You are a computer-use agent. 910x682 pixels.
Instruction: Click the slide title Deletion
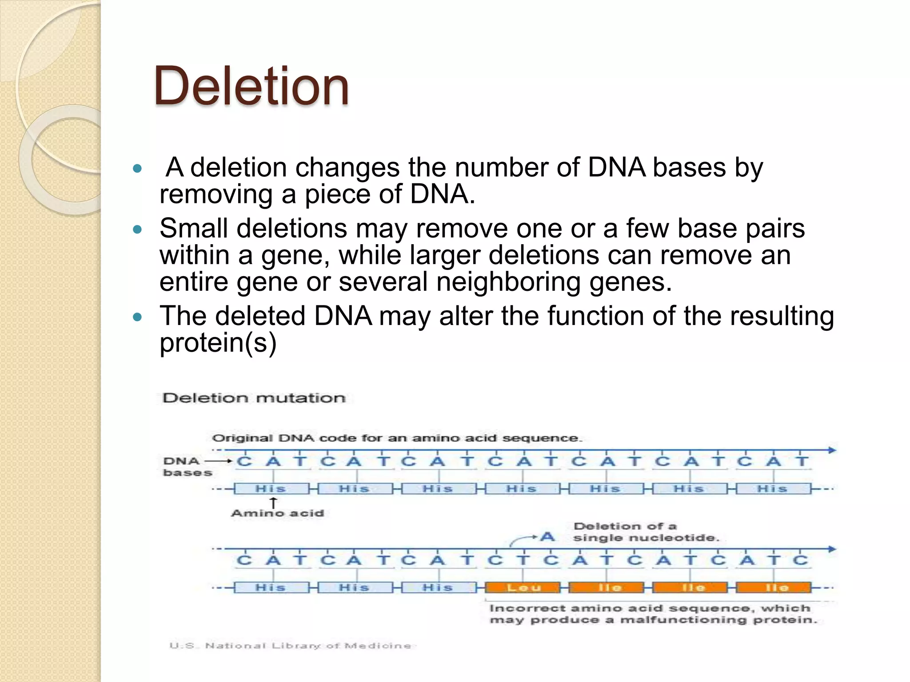pos(251,87)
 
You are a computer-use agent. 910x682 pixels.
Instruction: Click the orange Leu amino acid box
pos(523,588)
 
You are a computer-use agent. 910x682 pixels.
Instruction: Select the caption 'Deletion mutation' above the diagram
pos(254,398)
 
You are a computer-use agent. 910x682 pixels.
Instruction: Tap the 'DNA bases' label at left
pos(187,467)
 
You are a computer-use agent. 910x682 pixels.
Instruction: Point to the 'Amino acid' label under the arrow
pos(278,513)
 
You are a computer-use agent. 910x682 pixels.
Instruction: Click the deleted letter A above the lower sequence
pos(547,537)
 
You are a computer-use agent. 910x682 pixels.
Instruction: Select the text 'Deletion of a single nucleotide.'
pos(645,532)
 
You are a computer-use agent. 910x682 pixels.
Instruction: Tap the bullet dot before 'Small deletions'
pos(138,230)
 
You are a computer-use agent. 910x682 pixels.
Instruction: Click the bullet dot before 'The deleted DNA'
pos(138,317)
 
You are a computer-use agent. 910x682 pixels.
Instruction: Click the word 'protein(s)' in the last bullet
pos(218,343)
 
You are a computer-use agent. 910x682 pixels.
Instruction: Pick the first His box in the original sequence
pos(271,489)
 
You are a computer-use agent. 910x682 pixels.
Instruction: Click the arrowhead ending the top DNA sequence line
pos(832,450)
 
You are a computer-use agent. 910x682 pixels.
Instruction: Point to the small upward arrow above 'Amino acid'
pos(274,503)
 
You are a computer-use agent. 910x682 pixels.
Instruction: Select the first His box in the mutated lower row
pos(271,588)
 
